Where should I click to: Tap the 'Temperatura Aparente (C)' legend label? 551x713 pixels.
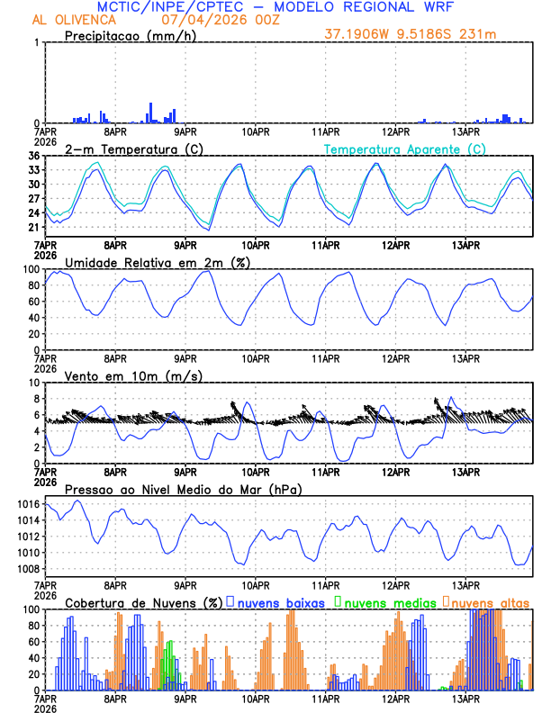point(405,149)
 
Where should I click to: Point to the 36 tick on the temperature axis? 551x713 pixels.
point(33,156)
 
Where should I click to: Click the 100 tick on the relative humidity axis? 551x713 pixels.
point(31,269)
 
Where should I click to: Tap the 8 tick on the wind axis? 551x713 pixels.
point(36,399)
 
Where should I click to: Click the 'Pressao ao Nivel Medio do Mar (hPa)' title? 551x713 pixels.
point(184,489)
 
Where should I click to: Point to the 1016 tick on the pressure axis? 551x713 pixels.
point(27,504)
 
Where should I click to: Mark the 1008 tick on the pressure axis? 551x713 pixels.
point(27,569)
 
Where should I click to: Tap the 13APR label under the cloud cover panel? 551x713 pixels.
point(465,698)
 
